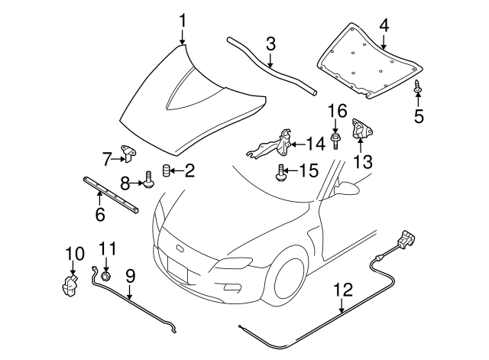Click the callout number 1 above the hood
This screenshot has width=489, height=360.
[x=183, y=18]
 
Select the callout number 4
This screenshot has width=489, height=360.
[x=384, y=24]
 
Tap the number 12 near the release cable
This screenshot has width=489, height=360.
[x=343, y=290]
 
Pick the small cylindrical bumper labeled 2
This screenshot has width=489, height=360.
[x=166, y=170]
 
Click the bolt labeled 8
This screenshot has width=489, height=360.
[x=150, y=181]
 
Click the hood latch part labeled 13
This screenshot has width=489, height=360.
[x=361, y=131]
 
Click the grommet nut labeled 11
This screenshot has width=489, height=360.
[x=105, y=272]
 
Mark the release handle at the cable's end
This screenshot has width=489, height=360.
[x=405, y=238]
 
